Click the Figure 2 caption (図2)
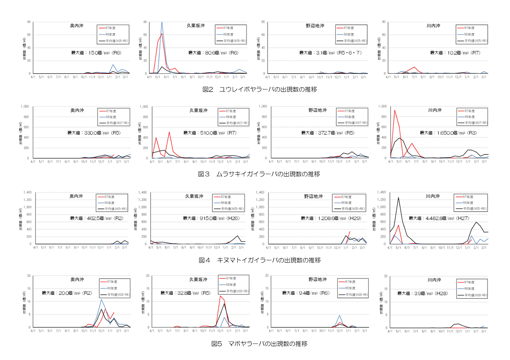tap(259, 89)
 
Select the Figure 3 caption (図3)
tap(259, 174)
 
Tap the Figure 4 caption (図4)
tap(259, 260)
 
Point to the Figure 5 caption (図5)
tap(259, 344)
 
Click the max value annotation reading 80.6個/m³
tap(213, 53)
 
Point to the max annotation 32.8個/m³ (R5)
tap(185, 293)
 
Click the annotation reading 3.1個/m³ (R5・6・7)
tap(330, 53)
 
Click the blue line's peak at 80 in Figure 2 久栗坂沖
tap(162, 22)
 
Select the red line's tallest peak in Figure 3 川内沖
tap(394, 110)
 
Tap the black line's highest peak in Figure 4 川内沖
tap(398, 198)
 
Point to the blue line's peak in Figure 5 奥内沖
tap(101, 299)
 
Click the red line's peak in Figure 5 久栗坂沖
tap(220, 296)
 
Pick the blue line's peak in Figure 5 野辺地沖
tap(340, 315)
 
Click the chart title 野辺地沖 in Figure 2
tap(315, 26)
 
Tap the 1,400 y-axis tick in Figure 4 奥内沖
tap(27, 193)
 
